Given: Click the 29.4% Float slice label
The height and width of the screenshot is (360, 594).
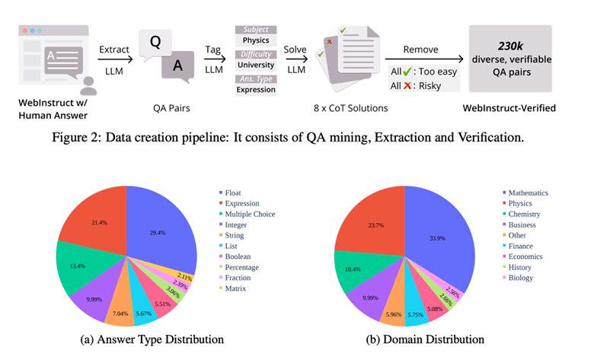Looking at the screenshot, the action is (157, 233).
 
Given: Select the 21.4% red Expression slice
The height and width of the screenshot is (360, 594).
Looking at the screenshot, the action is (99, 222).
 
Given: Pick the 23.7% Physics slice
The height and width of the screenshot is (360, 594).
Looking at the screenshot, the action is (375, 225).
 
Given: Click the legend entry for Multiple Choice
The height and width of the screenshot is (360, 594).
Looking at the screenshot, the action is (247, 214).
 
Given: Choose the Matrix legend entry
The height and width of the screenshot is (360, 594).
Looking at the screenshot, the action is (232, 288).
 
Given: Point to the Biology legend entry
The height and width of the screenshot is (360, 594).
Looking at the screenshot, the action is (518, 278).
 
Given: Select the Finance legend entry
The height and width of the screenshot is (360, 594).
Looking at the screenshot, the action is (518, 246).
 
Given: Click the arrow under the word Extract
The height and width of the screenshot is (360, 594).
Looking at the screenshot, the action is (115, 59).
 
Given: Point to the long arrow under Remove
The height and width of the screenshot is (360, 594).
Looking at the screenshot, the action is (424, 59).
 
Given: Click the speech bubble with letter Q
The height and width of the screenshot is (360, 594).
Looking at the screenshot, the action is (155, 43).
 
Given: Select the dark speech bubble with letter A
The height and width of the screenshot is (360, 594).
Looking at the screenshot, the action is (177, 67).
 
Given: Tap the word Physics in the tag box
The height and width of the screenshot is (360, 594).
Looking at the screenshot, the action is (256, 40).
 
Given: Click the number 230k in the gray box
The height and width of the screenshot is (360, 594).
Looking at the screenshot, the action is (510, 46).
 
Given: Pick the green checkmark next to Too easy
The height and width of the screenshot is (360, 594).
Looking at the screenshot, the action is (407, 71).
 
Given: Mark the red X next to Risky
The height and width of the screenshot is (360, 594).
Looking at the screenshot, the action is (407, 85).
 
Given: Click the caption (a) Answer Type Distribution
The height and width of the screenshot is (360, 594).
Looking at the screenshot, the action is (152, 339).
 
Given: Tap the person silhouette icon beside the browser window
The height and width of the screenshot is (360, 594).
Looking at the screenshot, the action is (88, 86).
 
